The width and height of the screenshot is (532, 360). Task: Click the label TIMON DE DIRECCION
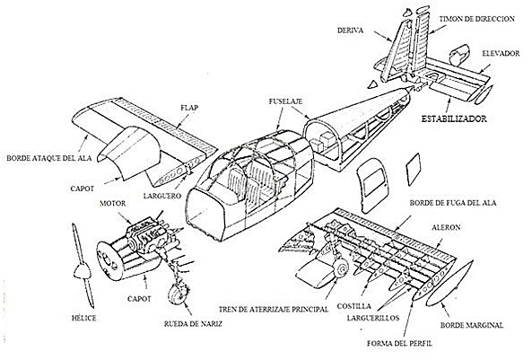(476, 19)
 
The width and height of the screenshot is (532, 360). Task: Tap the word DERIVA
(350, 31)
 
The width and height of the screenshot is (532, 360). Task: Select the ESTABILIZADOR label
(454, 119)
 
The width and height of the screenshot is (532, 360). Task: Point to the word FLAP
(189, 108)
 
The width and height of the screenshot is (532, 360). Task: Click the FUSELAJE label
(285, 101)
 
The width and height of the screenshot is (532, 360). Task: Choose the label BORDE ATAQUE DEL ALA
(49, 158)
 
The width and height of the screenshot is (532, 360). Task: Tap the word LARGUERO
(162, 196)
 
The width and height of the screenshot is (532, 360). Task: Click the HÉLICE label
(83, 318)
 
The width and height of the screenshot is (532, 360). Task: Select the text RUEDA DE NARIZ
(193, 324)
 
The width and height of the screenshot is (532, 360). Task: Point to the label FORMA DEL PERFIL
(400, 343)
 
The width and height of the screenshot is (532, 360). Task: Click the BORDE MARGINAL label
(472, 325)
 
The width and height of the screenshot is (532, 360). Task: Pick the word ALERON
(446, 227)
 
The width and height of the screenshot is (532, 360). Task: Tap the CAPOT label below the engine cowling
(139, 299)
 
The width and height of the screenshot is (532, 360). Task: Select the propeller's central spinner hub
(83, 272)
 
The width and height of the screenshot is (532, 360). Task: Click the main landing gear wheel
(341, 269)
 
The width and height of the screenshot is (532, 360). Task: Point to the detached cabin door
(372, 183)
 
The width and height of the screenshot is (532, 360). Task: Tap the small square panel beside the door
(413, 170)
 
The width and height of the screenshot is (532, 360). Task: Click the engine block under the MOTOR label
(146, 235)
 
